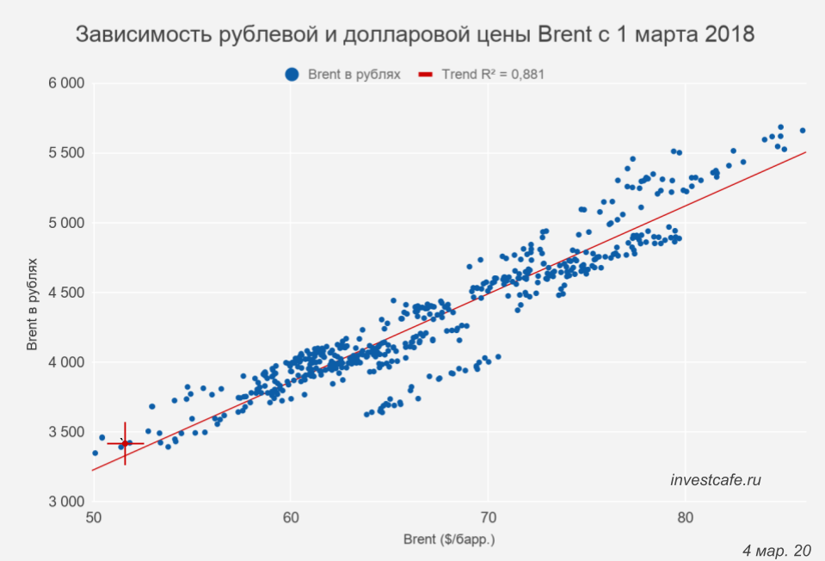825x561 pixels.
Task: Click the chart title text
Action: click(x=416, y=35)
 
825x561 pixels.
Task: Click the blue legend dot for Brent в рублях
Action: click(x=293, y=75)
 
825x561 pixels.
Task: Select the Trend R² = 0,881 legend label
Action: click(x=493, y=75)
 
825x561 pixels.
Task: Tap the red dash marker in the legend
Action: click(x=426, y=75)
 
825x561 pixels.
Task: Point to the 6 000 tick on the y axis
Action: click(x=65, y=83)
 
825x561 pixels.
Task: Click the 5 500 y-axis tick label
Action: click(x=65, y=153)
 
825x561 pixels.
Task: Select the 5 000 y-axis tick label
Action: click(x=65, y=223)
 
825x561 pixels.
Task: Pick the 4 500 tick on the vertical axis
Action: click(x=65, y=293)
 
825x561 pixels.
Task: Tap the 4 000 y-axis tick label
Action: click(x=65, y=362)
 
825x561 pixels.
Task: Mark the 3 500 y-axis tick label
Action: click(x=65, y=432)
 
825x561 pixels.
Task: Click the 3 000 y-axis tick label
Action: click(x=65, y=502)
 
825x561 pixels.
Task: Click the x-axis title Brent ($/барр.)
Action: click(x=449, y=540)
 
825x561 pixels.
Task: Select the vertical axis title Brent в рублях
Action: click(x=32, y=293)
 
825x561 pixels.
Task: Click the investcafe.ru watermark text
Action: click(x=716, y=480)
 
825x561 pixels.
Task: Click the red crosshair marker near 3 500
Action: click(x=125, y=443)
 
